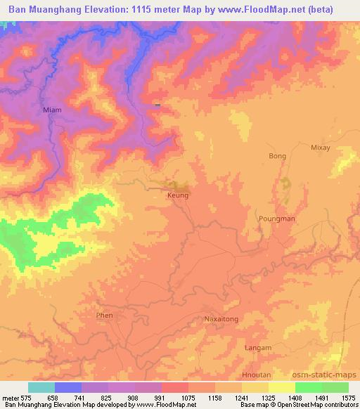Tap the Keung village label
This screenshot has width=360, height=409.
tap(178, 195)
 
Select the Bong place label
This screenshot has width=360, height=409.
tap(278, 156)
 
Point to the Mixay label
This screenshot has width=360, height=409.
tap(320, 148)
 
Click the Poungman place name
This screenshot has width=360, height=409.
tap(276, 219)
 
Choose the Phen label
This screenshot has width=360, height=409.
tap(104, 316)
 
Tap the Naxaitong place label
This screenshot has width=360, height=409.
tap(221, 319)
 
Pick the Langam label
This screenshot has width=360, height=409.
tap(257, 348)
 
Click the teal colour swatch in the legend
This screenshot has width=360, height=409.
tap(41, 387)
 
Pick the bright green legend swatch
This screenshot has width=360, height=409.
tap(309, 387)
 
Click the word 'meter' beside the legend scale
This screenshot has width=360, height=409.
tap(11, 396)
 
